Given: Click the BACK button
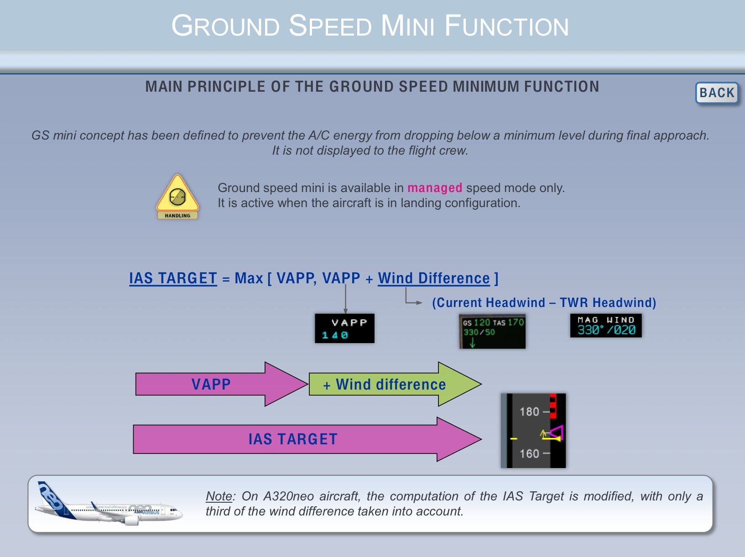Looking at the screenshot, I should pos(716,93).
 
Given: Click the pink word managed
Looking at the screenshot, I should pos(434,188).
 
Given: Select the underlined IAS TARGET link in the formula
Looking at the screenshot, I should pos(173,278).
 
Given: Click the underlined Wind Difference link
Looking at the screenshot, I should pos(433,278).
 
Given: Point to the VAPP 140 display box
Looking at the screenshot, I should pos(344,328).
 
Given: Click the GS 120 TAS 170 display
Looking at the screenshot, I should pos(492,331).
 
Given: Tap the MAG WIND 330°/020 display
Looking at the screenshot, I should pos(605,326).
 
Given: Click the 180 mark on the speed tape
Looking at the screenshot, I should pos(530,412).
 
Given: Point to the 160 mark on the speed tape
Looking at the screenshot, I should pos(530,454).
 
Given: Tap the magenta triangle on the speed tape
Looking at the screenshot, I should pos(557,432).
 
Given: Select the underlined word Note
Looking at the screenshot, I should pos(219,496).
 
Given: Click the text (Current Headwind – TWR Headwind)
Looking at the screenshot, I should pos(544,303).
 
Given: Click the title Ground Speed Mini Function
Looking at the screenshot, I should pos(370,26).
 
